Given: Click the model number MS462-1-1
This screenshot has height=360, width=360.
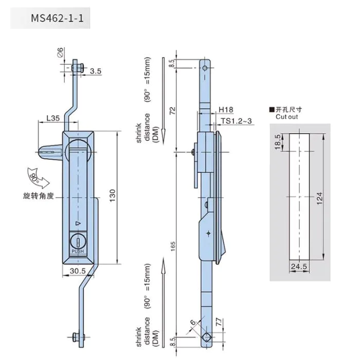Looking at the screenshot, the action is pyautogui.click(x=57, y=18).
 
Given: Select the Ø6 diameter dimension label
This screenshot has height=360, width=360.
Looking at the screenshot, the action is pyautogui.click(x=60, y=52).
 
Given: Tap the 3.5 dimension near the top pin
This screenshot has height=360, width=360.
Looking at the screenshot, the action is pyautogui.click(x=96, y=71).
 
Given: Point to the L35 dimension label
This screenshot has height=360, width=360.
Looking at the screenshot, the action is pyautogui.click(x=53, y=118).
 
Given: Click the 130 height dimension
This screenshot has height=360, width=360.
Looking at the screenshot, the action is pyautogui.click(x=113, y=195).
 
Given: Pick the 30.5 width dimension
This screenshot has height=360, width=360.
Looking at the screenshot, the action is pyautogui.click(x=78, y=271).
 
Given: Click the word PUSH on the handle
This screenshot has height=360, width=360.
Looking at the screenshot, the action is pyautogui.click(x=78, y=251).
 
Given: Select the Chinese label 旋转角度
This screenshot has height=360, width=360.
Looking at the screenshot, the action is pyautogui.click(x=39, y=196).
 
